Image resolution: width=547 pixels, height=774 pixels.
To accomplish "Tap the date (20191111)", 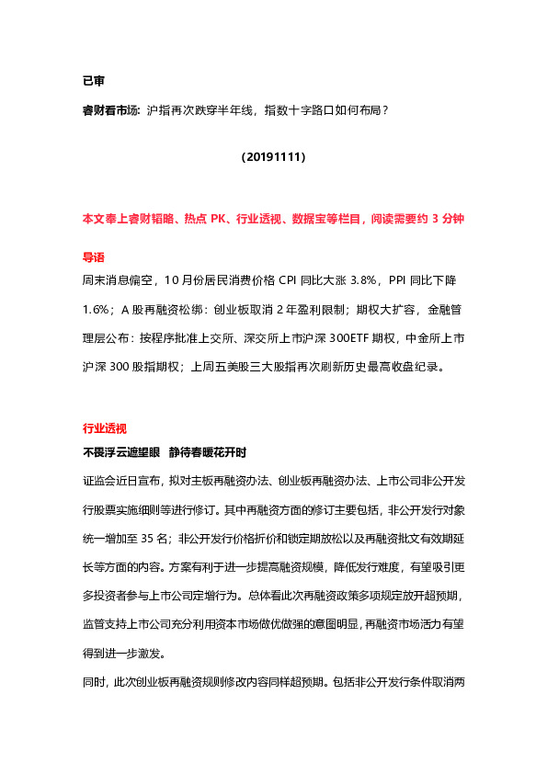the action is (273, 157).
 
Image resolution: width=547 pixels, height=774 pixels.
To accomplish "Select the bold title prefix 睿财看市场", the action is (110, 110).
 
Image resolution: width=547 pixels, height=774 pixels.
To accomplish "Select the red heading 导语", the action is (94, 257).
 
